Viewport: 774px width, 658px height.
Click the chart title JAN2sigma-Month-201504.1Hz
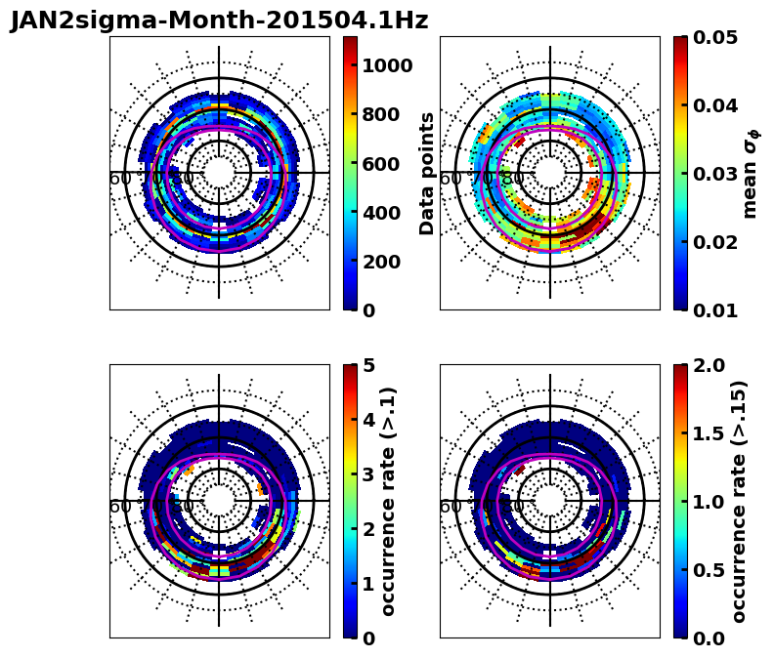[x=219, y=20]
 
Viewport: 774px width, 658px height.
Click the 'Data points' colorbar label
[x=427, y=174]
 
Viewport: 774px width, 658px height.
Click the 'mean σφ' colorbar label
[x=751, y=174]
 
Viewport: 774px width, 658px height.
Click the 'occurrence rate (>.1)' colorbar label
[x=389, y=502]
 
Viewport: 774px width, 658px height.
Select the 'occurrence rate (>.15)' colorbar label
[x=739, y=502]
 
